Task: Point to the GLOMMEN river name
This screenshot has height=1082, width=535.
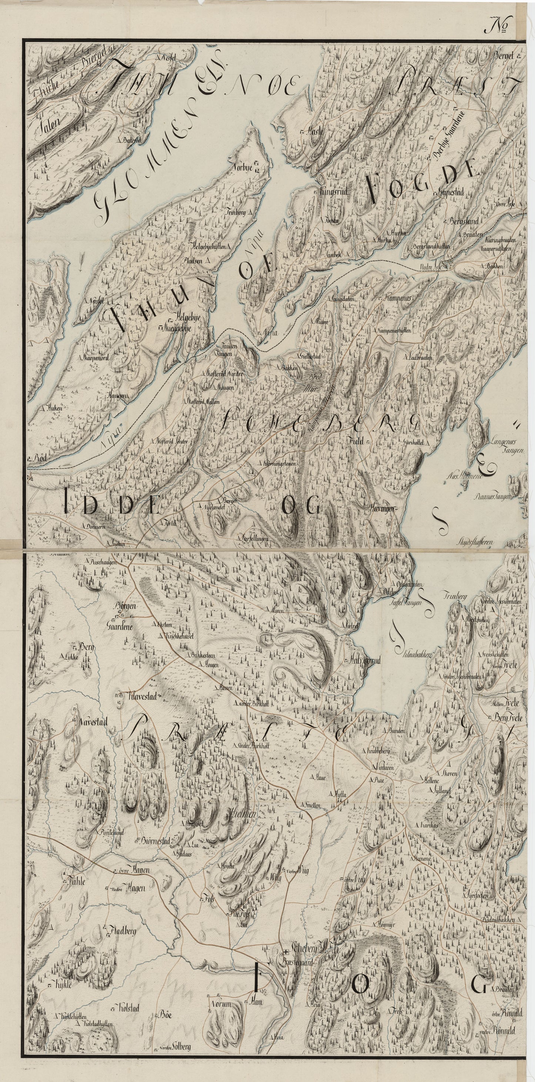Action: coord(138,168)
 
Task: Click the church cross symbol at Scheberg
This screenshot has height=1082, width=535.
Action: coord(286,890)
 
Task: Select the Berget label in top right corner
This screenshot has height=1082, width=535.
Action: coord(506,56)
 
